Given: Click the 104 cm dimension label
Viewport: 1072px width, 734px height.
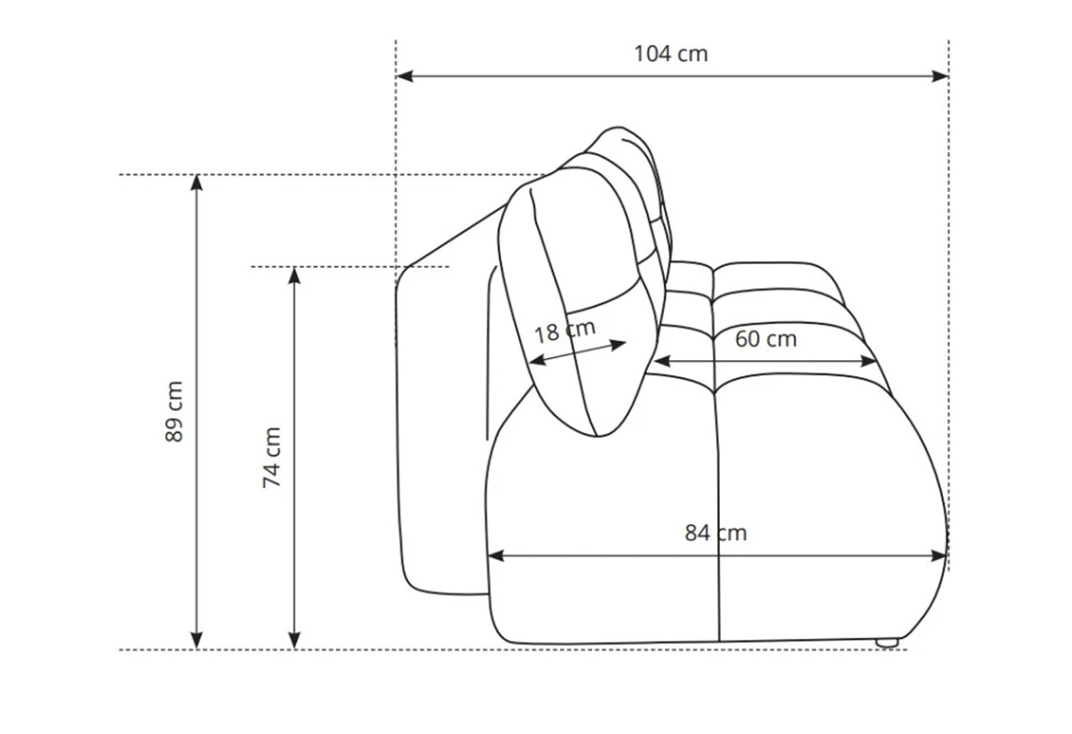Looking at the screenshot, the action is [670, 54].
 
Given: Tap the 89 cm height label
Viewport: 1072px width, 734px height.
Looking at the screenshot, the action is [174, 411].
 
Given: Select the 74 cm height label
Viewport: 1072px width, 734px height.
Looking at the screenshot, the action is [271, 457].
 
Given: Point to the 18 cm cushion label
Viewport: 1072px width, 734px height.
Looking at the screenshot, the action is [565, 330].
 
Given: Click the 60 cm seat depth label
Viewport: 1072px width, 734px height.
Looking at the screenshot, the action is [765, 339].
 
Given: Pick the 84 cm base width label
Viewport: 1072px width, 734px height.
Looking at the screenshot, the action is [716, 533].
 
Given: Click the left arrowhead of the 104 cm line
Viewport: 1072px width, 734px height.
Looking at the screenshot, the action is [405, 76].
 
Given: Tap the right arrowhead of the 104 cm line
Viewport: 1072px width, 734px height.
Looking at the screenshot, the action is [939, 76].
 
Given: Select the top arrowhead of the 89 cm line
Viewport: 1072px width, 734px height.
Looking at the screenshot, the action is [196, 183].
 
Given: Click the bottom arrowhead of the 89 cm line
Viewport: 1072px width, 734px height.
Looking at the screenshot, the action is [196, 641].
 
